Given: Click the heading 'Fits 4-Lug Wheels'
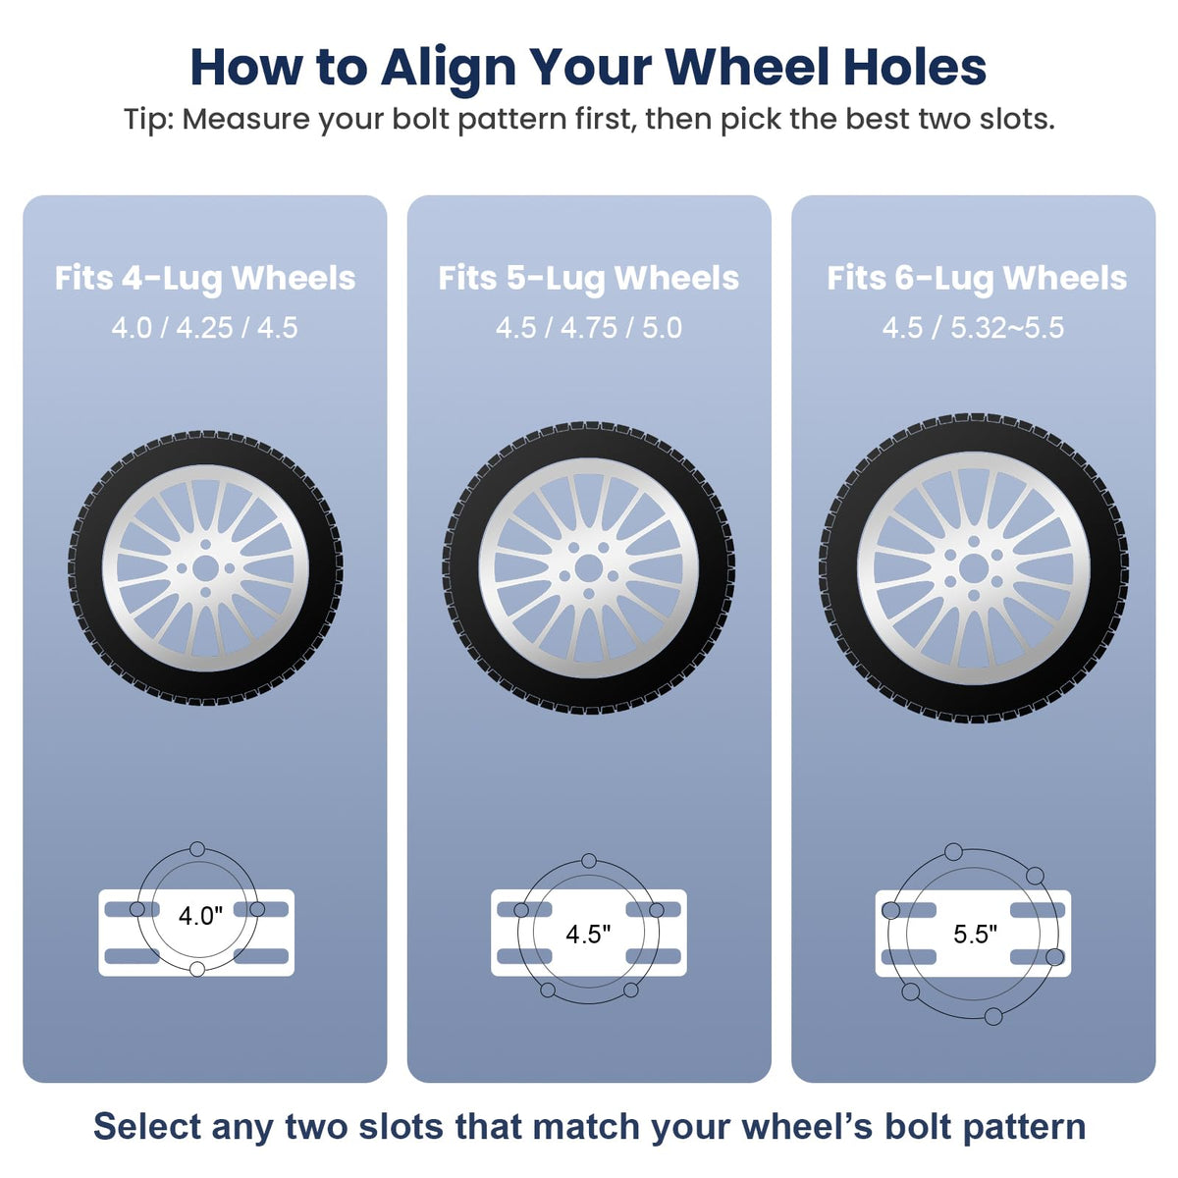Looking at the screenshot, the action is coord(205,279).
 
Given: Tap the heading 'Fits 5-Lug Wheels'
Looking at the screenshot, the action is coord(589,279).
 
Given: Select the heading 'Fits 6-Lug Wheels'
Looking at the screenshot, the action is coord(977,279).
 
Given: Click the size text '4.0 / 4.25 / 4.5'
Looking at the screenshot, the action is coord(205,328).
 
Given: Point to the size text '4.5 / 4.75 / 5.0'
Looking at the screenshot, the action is coord(589,328).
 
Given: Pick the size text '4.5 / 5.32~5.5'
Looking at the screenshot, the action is coord(973,328).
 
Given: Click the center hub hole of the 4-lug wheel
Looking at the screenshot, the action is coord(205,568).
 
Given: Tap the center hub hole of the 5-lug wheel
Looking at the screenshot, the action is coord(588,568).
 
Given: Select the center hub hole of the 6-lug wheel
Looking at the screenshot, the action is coord(974,569).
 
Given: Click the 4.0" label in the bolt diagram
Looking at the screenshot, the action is coord(200,916).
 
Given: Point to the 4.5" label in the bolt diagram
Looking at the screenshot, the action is coord(588,934).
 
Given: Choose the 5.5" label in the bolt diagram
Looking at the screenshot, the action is coord(975,934).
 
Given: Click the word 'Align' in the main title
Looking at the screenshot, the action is coord(448,69).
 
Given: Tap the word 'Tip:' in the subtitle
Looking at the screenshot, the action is coord(148,119).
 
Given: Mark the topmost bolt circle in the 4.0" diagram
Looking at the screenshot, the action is coord(197,848).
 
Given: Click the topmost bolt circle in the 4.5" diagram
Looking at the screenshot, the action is coord(589,861).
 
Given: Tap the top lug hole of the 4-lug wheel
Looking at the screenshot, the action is coord(205,544).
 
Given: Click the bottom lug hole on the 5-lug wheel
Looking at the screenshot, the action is coord(589,594).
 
